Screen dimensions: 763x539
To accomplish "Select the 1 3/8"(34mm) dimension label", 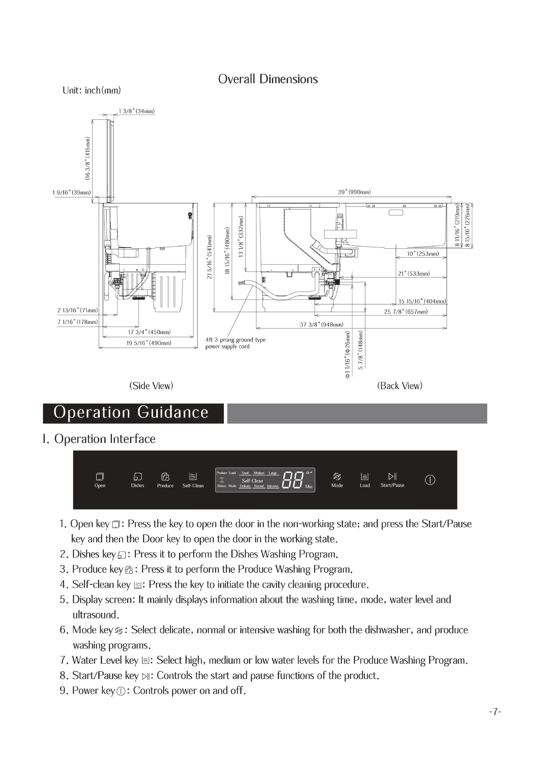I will pyautogui.click(x=136, y=111).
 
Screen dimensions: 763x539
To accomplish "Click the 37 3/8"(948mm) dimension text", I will pyautogui.click(x=321, y=324).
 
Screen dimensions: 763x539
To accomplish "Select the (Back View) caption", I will pyautogui.click(x=399, y=386).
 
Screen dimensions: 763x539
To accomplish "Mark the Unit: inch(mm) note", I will pyautogui.click(x=92, y=90).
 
